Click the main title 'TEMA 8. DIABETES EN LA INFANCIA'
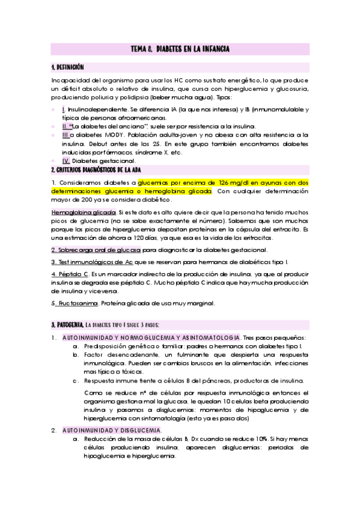tap(180, 49)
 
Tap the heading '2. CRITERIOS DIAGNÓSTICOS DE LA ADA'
tap(100, 170)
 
